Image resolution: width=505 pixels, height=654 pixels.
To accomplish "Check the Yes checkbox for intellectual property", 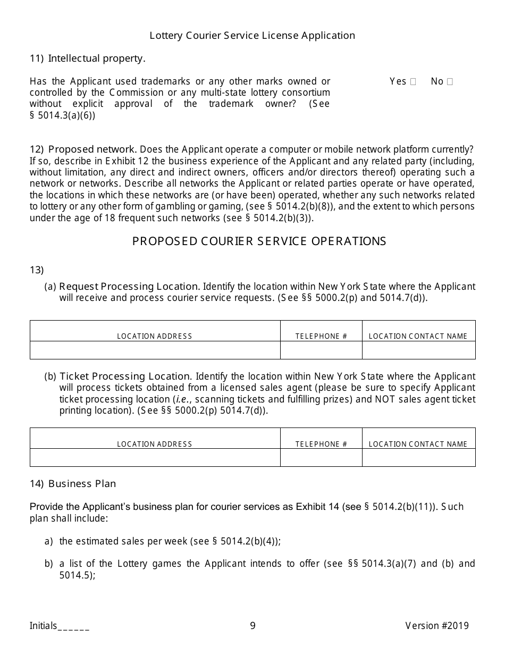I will pyautogui.click(x=413, y=82).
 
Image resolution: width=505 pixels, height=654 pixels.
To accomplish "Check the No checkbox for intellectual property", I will pyautogui.click(x=450, y=82).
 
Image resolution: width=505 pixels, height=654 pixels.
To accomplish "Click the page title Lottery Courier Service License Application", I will pyautogui.click(x=252, y=36).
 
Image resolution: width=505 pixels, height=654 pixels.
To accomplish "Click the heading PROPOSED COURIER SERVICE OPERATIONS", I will pyautogui.click(x=259, y=241).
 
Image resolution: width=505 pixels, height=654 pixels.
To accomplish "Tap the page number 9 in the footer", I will pyautogui.click(x=252, y=626).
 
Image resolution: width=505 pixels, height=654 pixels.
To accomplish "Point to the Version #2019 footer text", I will pyautogui.click(x=437, y=626).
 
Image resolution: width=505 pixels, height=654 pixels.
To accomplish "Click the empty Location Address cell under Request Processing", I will pyautogui.click(x=155, y=350).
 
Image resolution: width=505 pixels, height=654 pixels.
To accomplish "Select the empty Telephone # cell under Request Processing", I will pyautogui.click(x=321, y=350).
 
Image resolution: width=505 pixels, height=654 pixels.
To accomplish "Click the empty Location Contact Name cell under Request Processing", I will pyautogui.click(x=418, y=350).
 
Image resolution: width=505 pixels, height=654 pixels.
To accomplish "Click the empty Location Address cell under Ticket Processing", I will pyautogui.click(x=155, y=458).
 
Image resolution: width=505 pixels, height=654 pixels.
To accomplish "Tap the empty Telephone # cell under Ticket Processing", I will pyautogui.click(x=321, y=458).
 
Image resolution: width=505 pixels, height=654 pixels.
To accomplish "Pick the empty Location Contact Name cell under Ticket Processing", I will pyautogui.click(x=418, y=458).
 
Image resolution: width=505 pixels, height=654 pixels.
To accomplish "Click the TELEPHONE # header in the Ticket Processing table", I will pyautogui.click(x=321, y=444).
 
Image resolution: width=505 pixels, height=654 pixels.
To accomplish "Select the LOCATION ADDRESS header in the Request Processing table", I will pyautogui.click(x=155, y=336).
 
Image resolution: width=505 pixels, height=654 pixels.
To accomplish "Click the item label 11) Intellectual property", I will pyautogui.click(x=87, y=58).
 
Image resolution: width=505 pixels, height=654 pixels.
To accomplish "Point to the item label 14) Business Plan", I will pyautogui.click(x=73, y=484).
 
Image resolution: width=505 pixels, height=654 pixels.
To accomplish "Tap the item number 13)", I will pyautogui.click(x=37, y=270).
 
